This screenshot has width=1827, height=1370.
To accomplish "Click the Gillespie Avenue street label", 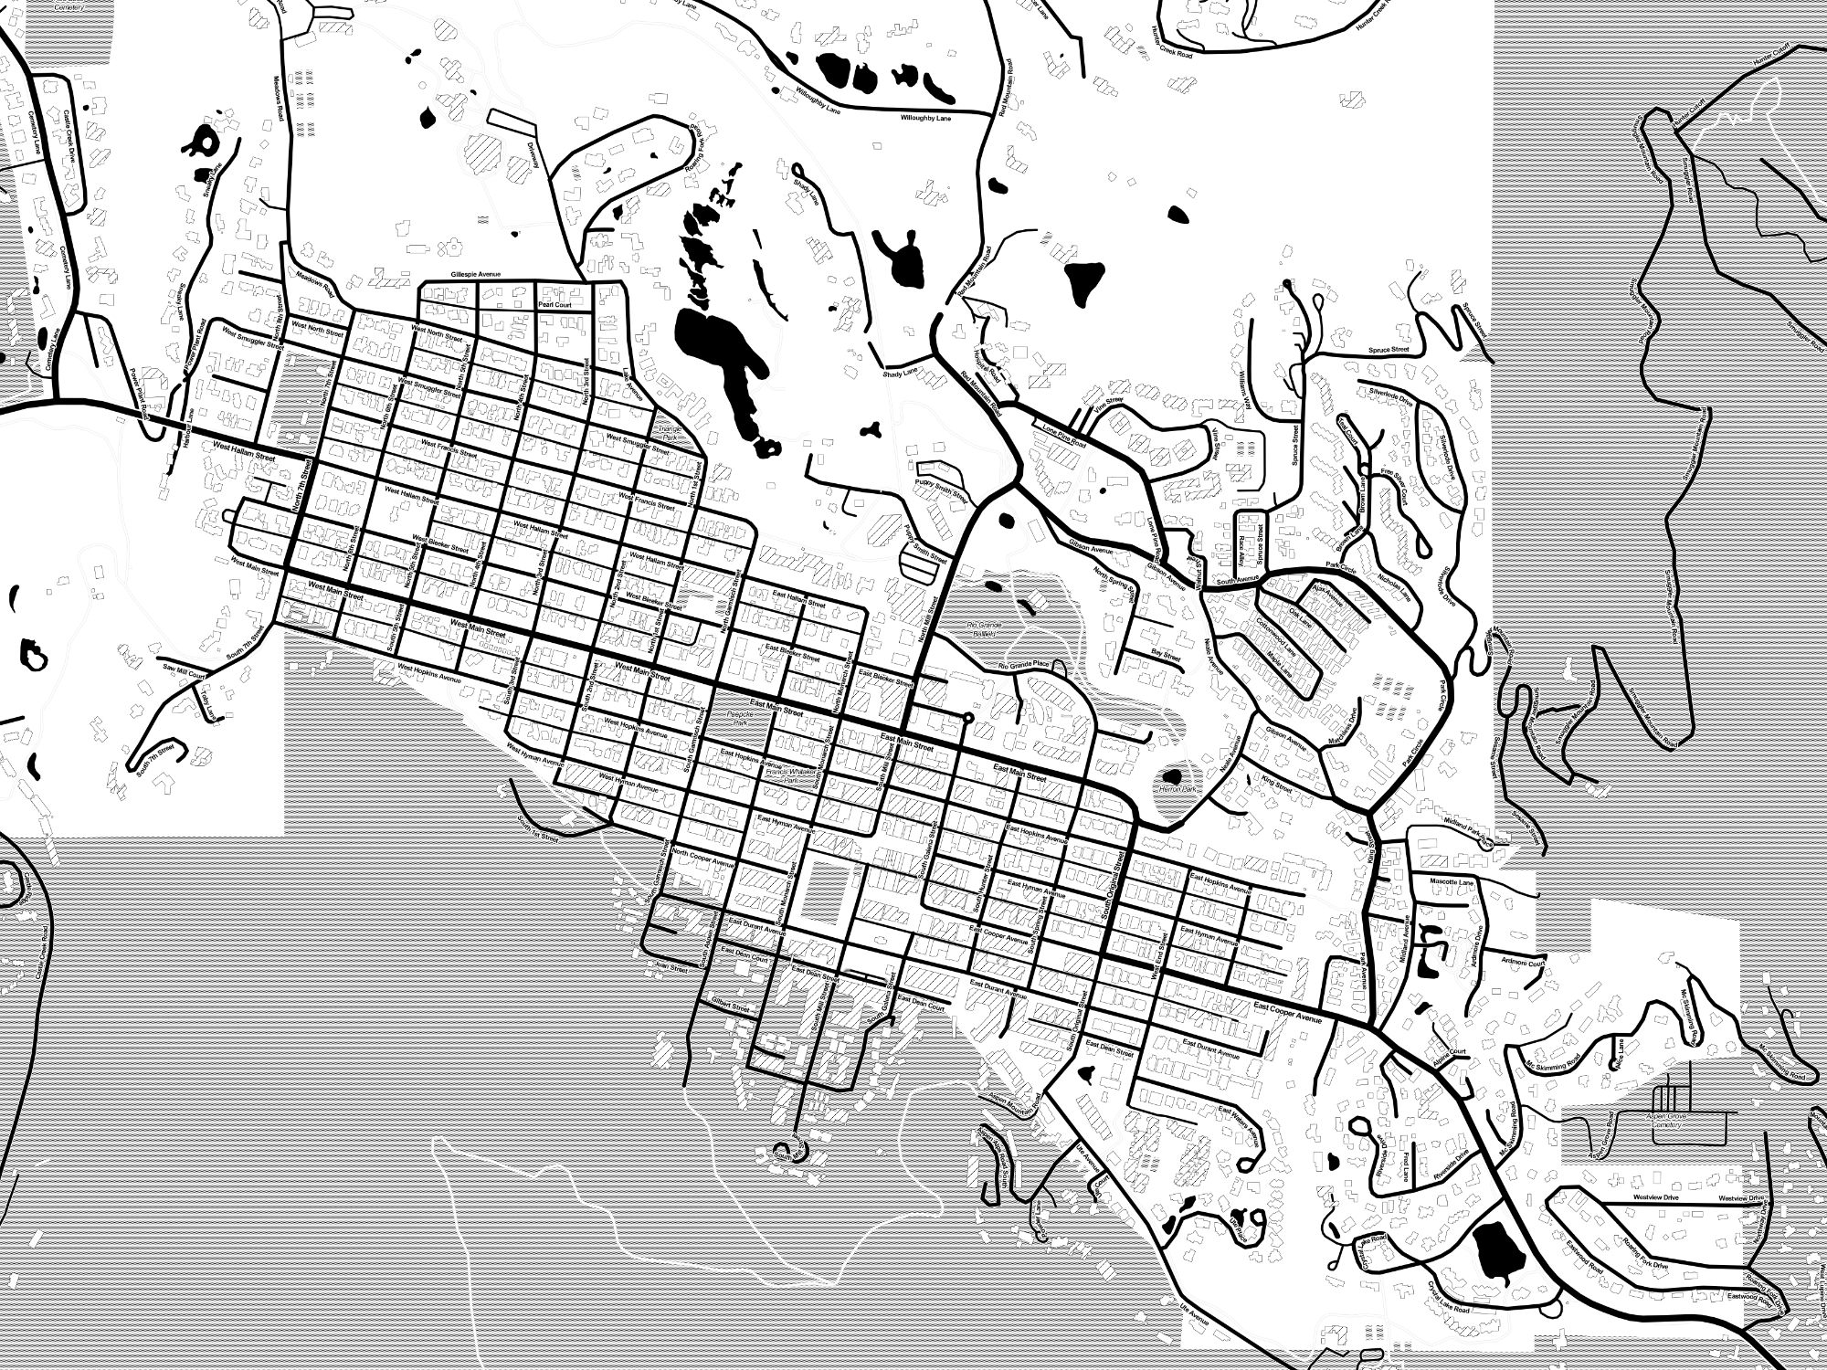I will click(476, 274).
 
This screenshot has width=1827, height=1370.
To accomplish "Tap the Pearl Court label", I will click(554, 305).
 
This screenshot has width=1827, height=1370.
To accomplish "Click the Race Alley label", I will click(1241, 548).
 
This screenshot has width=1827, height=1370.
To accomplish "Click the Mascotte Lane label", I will click(1452, 882).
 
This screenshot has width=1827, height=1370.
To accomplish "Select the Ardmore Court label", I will click(1523, 963).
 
